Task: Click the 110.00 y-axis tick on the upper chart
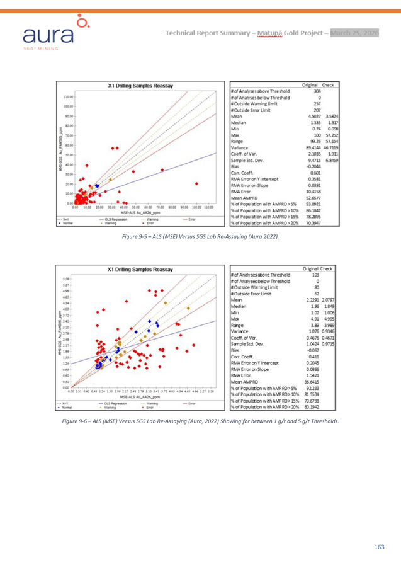pos(69,98)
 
